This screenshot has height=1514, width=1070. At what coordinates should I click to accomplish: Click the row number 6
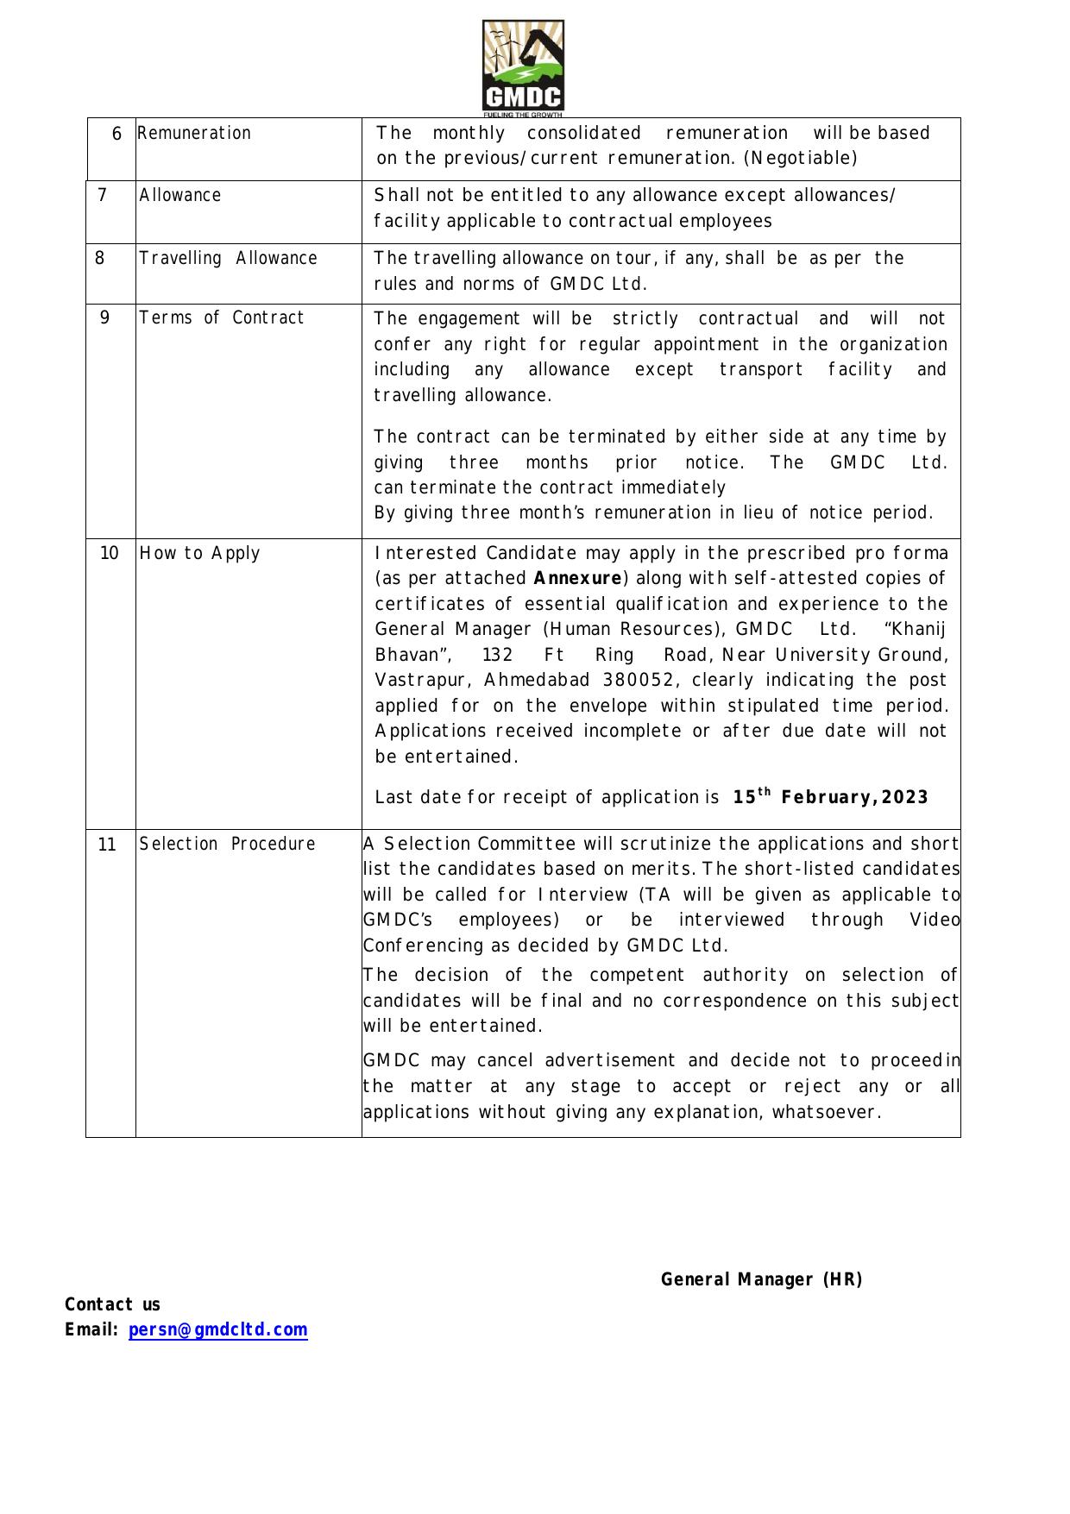point(116,134)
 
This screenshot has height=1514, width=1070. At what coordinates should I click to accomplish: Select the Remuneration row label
point(194,134)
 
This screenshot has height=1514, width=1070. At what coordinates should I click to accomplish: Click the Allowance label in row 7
point(180,196)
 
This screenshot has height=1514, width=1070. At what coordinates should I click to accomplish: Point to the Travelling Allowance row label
point(229,259)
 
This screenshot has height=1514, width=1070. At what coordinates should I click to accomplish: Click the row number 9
point(105,317)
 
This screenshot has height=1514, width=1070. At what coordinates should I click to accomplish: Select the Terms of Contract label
point(222,318)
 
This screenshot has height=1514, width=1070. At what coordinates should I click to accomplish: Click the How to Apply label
point(199,554)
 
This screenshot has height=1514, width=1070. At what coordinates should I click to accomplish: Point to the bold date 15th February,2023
point(830,797)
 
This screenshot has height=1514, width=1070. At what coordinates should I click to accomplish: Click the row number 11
point(107,845)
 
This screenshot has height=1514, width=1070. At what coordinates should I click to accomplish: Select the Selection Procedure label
point(228,845)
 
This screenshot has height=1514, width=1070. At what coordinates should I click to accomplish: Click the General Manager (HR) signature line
point(761,1280)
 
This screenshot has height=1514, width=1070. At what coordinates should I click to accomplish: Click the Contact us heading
point(113,1305)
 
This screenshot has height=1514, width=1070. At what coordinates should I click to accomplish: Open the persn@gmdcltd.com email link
point(217,1330)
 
